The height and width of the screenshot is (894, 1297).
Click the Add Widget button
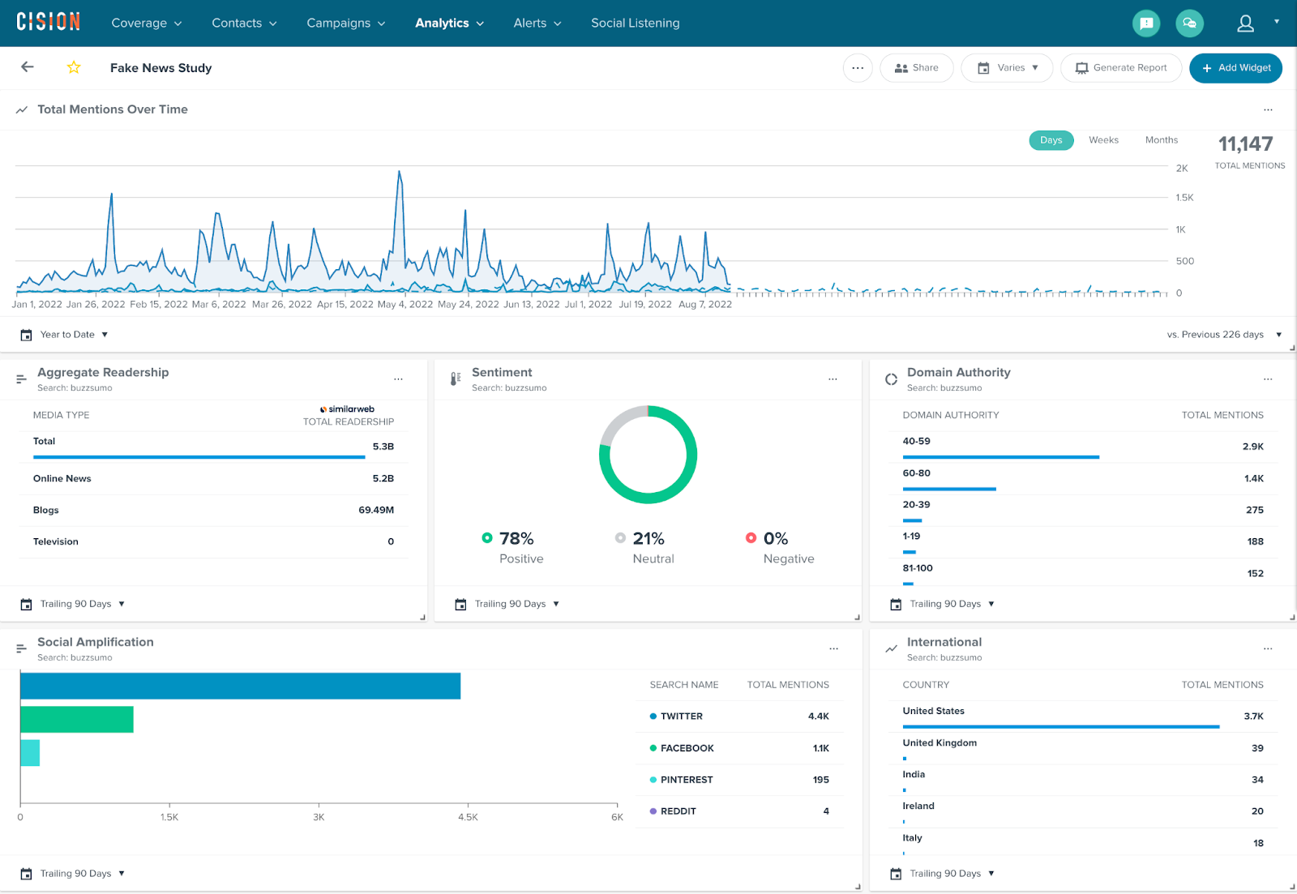[x=1235, y=68]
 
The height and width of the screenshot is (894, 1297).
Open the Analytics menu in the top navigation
[x=449, y=23]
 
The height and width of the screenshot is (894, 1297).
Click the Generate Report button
[x=1121, y=68]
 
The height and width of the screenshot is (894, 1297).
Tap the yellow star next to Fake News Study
[x=74, y=67]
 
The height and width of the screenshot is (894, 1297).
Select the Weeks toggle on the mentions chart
[x=1103, y=140]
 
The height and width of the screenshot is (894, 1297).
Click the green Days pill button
[x=1051, y=140]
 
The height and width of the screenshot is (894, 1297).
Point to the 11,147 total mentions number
[x=1245, y=144]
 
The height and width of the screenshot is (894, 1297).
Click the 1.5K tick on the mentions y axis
[x=1184, y=198]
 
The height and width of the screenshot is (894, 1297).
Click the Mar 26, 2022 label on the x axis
[x=281, y=305]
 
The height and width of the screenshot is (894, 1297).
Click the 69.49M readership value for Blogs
[x=376, y=510]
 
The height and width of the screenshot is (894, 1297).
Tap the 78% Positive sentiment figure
[x=516, y=539]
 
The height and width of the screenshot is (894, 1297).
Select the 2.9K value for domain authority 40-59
[x=1252, y=447]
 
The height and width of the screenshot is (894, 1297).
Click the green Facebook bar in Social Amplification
[x=77, y=720]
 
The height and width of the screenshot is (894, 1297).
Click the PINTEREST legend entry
[x=686, y=780]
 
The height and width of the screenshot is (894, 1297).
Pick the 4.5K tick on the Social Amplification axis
[x=468, y=817]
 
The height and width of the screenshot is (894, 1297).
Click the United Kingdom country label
[x=940, y=742]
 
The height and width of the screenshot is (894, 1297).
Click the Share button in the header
[x=916, y=68]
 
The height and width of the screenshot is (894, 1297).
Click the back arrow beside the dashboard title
[x=28, y=67]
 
